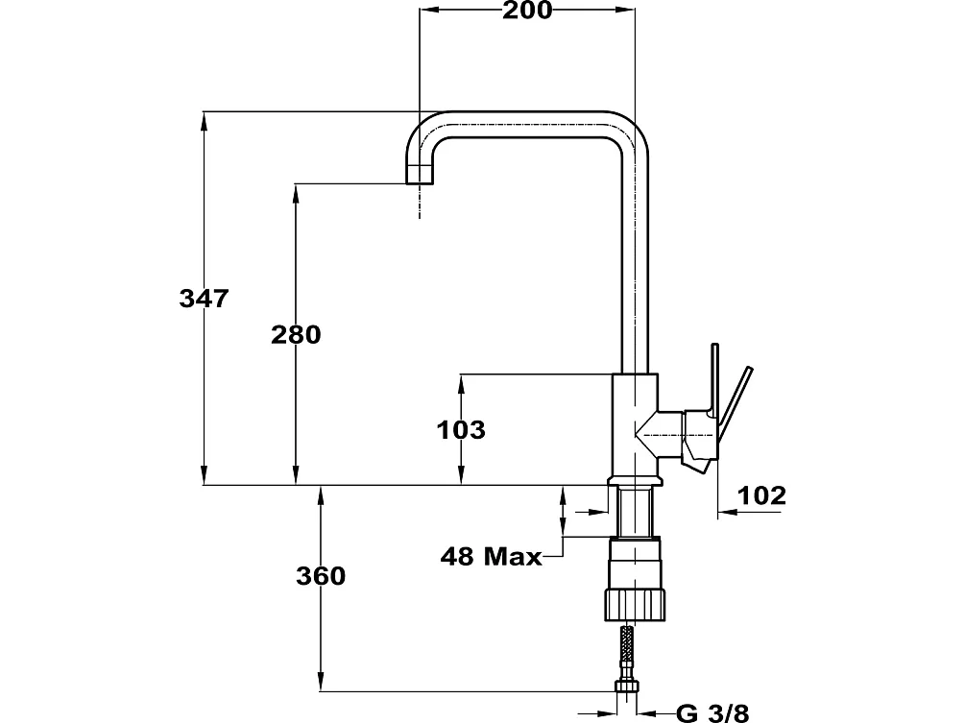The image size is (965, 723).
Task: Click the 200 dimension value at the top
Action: click(x=527, y=11)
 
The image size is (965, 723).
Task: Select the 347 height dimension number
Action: click(x=204, y=299)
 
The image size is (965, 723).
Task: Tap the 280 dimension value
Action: click(x=296, y=335)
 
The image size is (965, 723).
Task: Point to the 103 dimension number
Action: click(x=461, y=429)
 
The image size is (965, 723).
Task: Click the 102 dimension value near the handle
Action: click(x=761, y=494)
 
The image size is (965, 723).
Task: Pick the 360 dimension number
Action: click(x=321, y=576)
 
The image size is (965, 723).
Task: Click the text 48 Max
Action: click(x=491, y=556)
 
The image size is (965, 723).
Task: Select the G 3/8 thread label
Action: click(x=712, y=713)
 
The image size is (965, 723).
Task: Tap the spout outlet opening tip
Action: click(x=420, y=182)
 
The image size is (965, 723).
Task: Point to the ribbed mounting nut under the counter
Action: click(x=635, y=603)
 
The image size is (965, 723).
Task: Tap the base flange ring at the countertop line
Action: click(x=635, y=481)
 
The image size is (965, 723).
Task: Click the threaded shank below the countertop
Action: click(x=635, y=511)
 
